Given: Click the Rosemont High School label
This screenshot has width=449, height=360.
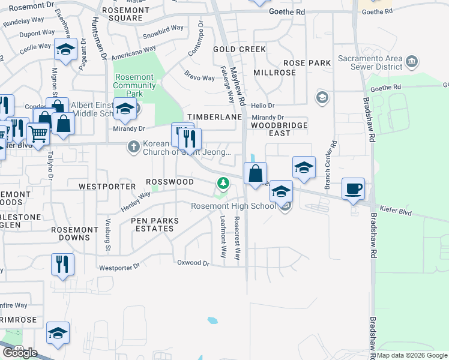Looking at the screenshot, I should coord(234,206).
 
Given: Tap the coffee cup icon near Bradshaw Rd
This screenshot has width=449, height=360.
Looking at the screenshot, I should coord(353,188).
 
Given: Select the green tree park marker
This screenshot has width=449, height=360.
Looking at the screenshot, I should coord(223,182).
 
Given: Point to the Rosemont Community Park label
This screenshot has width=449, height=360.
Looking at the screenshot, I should coord(134,85).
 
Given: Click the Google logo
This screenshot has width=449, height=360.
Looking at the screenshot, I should coord(20,352).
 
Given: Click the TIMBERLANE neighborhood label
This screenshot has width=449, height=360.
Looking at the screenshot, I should coord(209,117).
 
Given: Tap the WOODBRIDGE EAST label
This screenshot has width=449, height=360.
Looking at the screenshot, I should coord(279,129).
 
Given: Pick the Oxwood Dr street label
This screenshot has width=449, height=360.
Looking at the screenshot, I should coord(193,263).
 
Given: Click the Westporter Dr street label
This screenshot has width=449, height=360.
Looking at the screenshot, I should coord(119,268).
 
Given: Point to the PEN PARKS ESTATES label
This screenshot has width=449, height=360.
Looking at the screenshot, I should coord(155,224).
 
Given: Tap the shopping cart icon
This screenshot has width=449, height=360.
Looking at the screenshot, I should coord(38,135).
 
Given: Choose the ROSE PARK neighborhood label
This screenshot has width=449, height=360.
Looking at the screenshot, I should coord(307,63).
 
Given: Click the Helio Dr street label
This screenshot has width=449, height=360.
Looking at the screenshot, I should coord(262,106).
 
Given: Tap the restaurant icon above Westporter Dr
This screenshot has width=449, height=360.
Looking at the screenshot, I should coord(62,264).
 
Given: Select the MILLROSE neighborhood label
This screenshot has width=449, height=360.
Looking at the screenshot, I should coord(275,73).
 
